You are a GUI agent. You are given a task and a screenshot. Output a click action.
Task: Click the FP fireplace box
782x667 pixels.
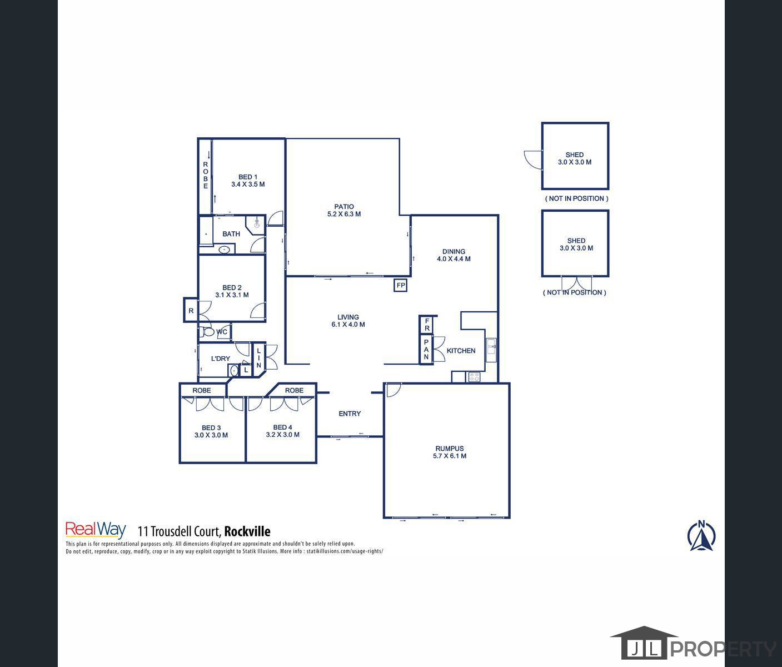pyautogui.click(x=401, y=286)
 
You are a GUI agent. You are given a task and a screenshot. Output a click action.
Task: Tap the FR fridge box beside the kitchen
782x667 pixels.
pyautogui.click(x=427, y=325)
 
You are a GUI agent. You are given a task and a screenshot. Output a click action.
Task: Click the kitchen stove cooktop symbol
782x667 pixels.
pyautogui.click(x=475, y=377)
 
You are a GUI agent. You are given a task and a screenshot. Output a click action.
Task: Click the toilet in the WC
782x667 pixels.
pyautogui.click(x=208, y=332)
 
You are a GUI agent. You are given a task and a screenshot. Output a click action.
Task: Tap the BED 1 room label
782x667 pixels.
pyautogui.click(x=247, y=177)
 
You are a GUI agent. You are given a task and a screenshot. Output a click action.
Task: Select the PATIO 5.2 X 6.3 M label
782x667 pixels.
pyautogui.click(x=344, y=210)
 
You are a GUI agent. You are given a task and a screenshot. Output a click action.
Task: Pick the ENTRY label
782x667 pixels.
pyautogui.click(x=350, y=414)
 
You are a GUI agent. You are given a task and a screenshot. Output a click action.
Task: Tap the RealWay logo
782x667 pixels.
pyautogui.click(x=96, y=530)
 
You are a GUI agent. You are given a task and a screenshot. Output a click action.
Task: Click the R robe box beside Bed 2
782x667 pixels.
pyautogui.click(x=191, y=311)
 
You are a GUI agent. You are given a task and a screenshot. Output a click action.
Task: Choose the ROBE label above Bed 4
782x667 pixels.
pyautogui.click(x=294, y=390)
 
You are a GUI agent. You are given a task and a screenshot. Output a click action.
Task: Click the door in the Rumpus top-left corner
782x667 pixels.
pyautogui.click(x=392, y=390)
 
